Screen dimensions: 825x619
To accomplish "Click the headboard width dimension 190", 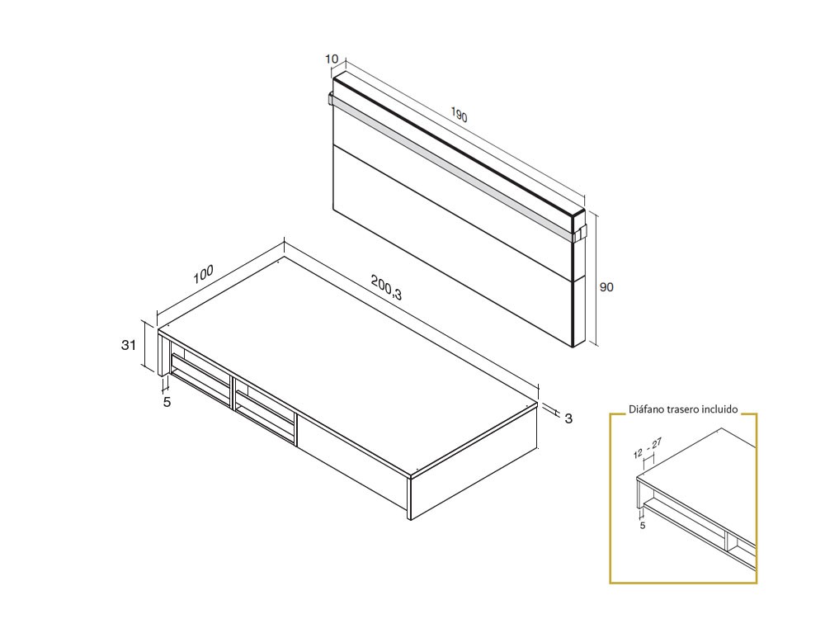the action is [459, 114].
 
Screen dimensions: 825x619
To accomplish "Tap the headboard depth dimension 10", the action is [332, 59].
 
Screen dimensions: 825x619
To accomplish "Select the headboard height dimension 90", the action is [606, 287].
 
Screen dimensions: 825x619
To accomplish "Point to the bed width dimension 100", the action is [203, 274].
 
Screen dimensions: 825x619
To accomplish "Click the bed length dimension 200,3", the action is [386, 288].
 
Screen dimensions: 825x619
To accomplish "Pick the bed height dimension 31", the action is [129, 345].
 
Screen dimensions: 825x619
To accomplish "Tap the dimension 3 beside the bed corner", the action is [568, 418].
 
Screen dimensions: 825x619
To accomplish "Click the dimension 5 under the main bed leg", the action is [167, 402].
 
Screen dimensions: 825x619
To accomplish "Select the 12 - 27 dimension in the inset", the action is [648, 448].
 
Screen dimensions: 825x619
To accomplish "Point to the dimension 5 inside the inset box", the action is [643, 525].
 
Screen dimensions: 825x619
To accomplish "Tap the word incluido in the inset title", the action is [719, 409].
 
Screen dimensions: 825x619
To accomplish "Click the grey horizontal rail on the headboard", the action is [452, 166].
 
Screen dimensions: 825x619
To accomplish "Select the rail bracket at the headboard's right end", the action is [579, 233].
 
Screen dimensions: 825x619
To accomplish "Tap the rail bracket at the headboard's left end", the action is [331, 100].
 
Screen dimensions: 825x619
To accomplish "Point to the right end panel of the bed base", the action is [474, 461].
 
